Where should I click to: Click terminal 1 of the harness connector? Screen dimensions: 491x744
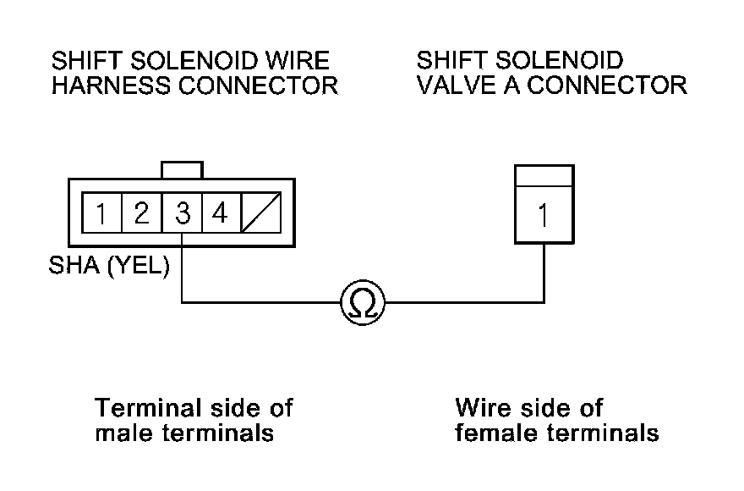[101, 214]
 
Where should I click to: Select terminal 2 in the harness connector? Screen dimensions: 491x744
[142, 214]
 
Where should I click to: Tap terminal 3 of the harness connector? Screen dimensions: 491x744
[183, 214]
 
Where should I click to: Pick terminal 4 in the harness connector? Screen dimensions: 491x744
[220, 214]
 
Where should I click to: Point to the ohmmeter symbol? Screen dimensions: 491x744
[362, 301]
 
